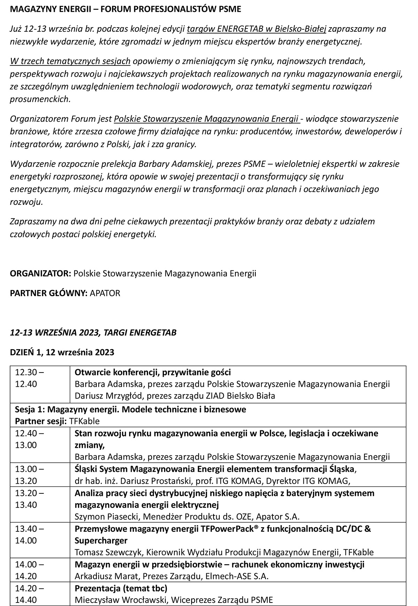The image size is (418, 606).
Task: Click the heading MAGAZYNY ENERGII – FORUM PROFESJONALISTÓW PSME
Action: tap(125, 9)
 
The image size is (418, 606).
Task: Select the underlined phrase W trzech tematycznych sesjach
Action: tap(70, 61)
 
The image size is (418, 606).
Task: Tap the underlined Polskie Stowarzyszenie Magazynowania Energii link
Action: tap(207, 119)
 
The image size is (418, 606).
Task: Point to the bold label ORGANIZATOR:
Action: tap(40, 273)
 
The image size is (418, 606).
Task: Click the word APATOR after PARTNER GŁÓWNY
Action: tap(105, 293)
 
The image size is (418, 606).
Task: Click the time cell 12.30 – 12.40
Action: tap(29, 378)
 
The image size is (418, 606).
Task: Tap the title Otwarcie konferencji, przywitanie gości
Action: tap(153, 372)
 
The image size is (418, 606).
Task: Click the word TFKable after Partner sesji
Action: tap(84, 421)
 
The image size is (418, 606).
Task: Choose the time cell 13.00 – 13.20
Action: tap(29, 475)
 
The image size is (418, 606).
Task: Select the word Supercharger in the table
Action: tap(101, 540)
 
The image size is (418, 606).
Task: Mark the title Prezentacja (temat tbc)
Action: tap(121, 588)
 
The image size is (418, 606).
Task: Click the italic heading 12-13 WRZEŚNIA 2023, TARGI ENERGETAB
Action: tap(93, 332)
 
